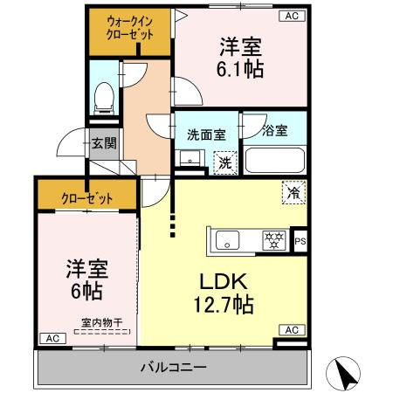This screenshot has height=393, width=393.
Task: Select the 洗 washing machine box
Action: click(224, 162)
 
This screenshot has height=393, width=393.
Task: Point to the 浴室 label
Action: click(274, 134)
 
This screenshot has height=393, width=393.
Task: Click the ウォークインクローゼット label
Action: click(130, 29)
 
